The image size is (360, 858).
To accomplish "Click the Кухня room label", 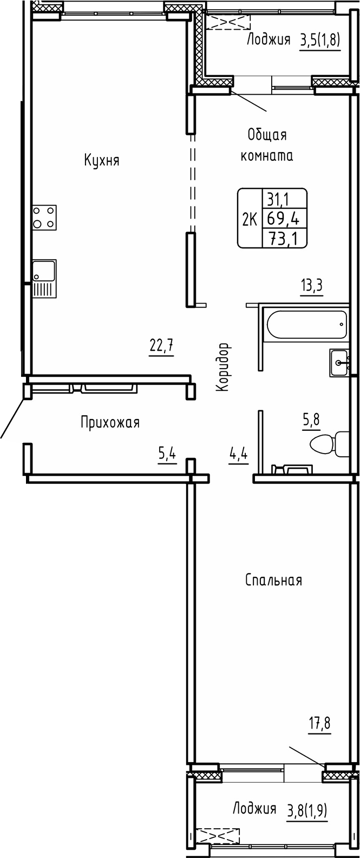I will [101, 161].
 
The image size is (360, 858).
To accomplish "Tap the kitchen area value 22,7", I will [161, 345].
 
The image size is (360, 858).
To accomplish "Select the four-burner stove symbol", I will [44, 217].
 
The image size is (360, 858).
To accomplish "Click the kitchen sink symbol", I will [43, 278].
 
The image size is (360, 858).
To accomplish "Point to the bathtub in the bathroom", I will [306, 325].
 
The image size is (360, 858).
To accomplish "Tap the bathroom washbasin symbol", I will [339, 362].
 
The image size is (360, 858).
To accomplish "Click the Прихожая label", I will [110, 422].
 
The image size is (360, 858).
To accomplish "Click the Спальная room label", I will [273, 581].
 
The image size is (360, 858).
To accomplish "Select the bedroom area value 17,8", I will [319, 723].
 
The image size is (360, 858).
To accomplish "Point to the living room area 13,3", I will [312, 286].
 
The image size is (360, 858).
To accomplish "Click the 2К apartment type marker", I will [250, 219].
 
